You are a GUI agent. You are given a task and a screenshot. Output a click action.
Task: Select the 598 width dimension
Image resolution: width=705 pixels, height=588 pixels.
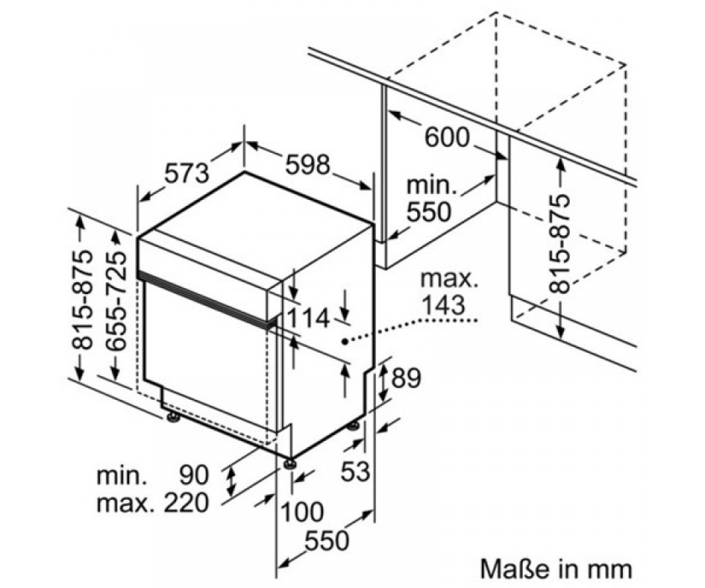coord(307,165)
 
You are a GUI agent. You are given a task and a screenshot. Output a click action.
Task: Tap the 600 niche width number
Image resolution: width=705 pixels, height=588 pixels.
coord(447,137)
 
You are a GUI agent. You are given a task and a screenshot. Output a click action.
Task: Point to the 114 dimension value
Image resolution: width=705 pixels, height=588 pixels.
coord(308,318)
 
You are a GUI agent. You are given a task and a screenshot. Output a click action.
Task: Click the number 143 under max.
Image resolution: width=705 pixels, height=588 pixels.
coord(444,305)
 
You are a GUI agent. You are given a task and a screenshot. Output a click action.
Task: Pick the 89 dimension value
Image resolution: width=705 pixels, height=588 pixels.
coord(406,377)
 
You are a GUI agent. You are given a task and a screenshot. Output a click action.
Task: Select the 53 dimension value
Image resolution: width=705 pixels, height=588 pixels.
coord(355,471)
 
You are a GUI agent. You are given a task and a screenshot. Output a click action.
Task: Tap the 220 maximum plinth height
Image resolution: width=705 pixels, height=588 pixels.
coord(186,503)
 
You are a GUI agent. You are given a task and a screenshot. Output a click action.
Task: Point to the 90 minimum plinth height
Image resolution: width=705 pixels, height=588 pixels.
coord(194,476)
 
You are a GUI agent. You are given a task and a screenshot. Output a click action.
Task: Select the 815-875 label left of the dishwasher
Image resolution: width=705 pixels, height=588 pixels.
coord(82,299)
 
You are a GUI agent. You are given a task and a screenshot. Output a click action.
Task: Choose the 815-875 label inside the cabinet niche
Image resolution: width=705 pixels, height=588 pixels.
coord(559,243)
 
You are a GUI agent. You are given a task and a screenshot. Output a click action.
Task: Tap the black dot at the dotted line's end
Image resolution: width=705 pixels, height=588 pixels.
coord(344,342)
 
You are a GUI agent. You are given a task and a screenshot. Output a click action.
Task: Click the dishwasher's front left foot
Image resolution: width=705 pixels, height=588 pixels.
coord(173,417)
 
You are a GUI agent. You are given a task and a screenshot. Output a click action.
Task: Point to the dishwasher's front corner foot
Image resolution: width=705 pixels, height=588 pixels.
coord(290,463)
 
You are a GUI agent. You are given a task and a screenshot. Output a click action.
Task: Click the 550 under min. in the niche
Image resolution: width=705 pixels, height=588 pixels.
coord(429,212)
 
